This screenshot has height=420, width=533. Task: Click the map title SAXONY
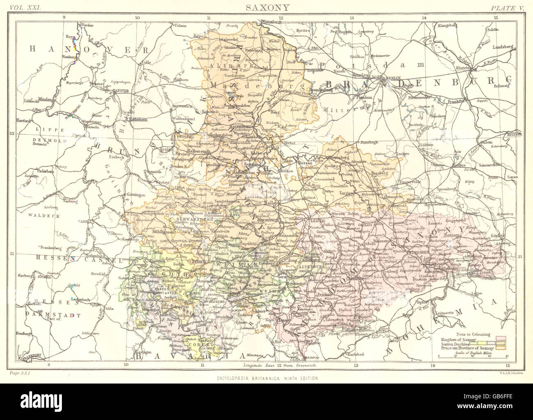coord(266,7)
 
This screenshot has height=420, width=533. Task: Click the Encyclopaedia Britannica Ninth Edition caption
coord(266,378)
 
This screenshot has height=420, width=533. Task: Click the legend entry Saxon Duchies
coord(454,344)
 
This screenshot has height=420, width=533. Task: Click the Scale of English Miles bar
coord(481,358)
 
